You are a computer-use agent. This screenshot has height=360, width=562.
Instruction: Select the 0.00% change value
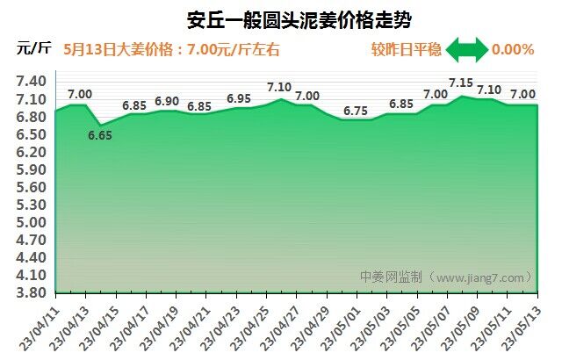tap(513, 49)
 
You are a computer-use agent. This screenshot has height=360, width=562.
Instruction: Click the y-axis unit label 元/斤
tap(33, 48)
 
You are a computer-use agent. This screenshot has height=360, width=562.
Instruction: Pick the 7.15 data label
tap(460, 83)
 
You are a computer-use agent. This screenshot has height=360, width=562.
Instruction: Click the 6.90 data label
tap(167, 101)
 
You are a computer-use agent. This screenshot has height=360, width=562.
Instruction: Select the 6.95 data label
tap(239, 98)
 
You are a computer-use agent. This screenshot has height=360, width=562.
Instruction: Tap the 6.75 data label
tap(356, 111)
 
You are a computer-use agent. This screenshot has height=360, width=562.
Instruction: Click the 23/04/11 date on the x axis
tap(39, 322)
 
